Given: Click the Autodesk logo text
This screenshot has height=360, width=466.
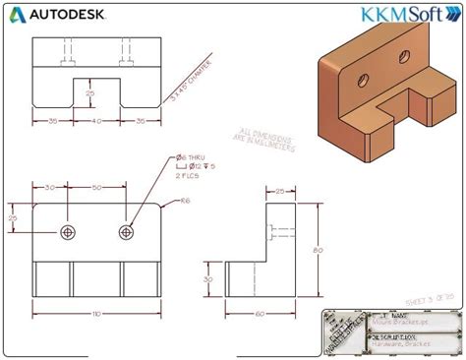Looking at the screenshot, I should click(x=63, y=15).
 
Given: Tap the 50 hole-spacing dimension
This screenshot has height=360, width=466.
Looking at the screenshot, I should click(x=95, y=186).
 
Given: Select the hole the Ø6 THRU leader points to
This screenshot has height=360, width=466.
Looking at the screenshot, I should click(x=126, y=231).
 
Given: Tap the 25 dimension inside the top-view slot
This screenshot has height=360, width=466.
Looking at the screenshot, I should click(x=89, y=94).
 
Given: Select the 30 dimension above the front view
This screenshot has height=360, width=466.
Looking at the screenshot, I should click(x=49, y=186).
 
